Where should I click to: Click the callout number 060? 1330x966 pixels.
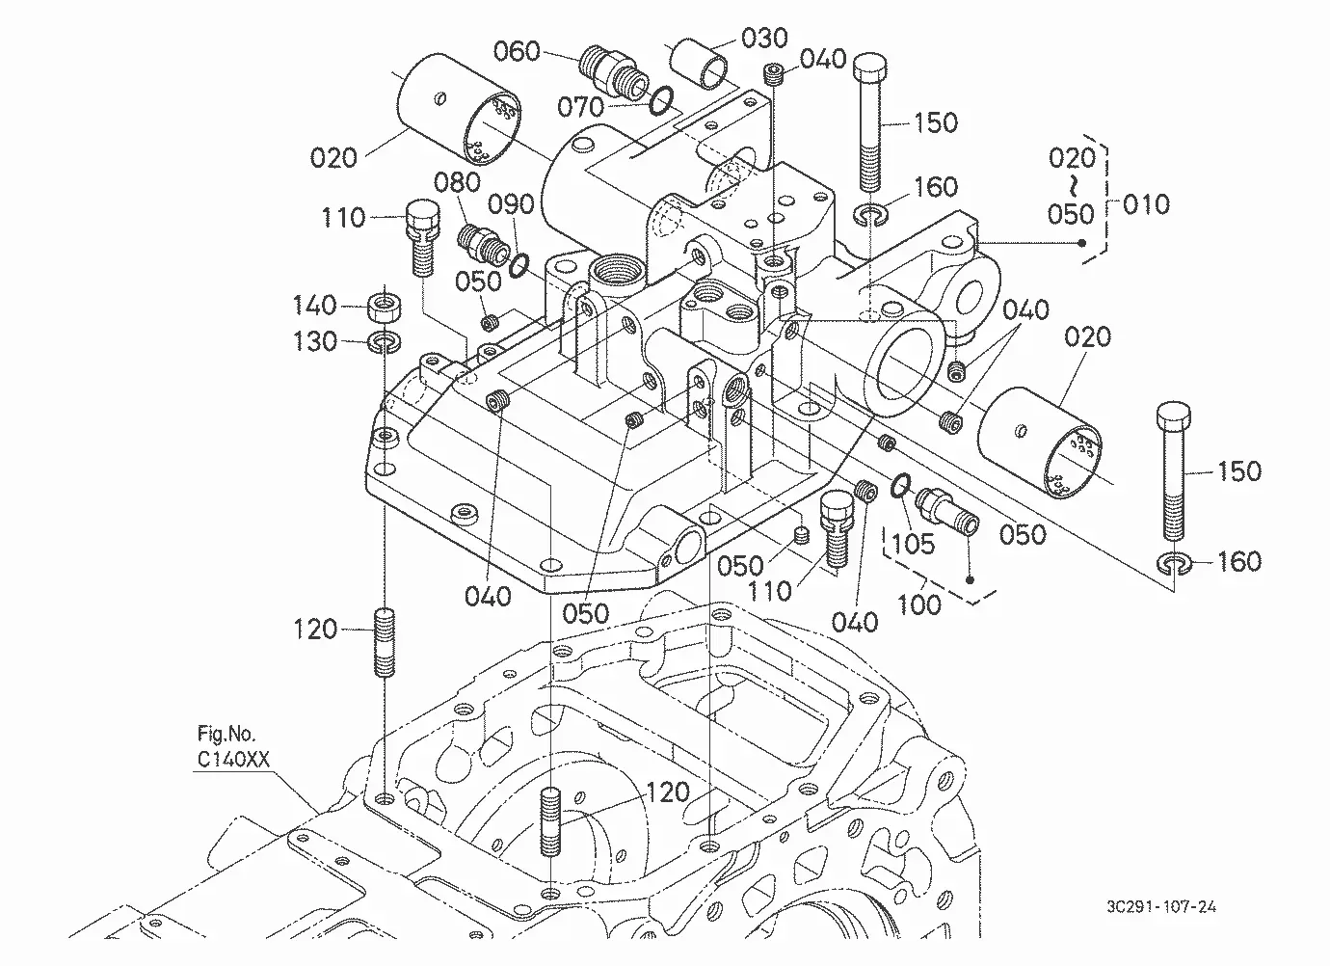[517, 52]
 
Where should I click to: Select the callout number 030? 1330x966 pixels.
[764, 38]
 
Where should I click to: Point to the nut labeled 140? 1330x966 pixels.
[385, 307]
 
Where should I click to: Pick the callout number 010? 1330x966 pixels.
[1146, 204]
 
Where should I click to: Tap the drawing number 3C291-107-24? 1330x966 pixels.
[1160, 906]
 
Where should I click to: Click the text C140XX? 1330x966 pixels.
[233, 759]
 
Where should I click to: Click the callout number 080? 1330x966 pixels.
[457, 182]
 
